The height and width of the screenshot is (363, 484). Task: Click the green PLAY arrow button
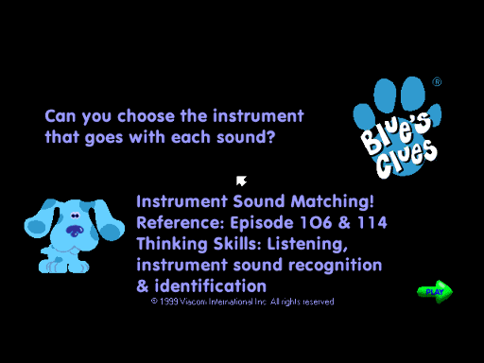[x=435, y=291]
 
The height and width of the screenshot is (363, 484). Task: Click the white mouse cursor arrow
[x=241, y=180]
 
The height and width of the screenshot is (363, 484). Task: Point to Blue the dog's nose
[x=73, y=230]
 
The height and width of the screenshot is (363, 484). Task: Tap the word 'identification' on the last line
[x=211, y=285]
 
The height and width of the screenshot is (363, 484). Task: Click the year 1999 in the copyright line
[x=170, y=302]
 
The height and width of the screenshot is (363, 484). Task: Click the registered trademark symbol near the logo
[x=437, y=82]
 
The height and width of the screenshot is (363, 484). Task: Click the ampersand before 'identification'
[x=143, y=285]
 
